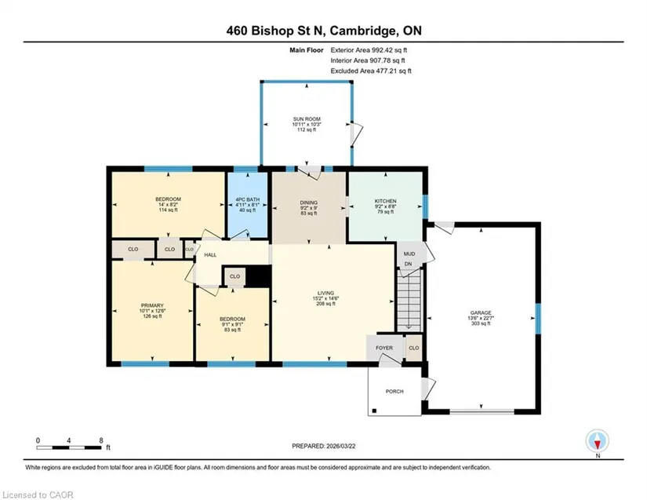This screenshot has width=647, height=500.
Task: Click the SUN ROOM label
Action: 307,119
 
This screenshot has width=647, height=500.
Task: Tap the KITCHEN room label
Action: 385,201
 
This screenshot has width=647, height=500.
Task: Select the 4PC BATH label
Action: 248,199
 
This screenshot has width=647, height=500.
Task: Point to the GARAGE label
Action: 481,313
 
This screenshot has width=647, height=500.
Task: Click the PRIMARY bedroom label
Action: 152,305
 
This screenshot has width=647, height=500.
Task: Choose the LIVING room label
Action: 325,293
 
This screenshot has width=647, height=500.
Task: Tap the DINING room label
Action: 309,203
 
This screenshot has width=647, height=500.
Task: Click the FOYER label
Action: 384,348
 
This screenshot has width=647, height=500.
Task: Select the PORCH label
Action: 394,392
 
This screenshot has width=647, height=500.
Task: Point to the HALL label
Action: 210,255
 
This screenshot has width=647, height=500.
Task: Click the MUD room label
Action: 409,254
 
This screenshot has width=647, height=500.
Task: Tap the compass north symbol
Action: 597,441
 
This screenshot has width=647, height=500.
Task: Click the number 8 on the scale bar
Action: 101,440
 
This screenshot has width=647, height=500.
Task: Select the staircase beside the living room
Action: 409,300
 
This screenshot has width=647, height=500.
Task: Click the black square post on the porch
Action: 374,411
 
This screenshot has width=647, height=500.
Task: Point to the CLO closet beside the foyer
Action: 414,348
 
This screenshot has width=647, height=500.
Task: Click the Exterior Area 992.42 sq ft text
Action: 369,50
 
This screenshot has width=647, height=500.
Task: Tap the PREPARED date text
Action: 323,446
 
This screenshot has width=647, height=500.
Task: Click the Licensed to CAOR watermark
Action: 38,495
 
